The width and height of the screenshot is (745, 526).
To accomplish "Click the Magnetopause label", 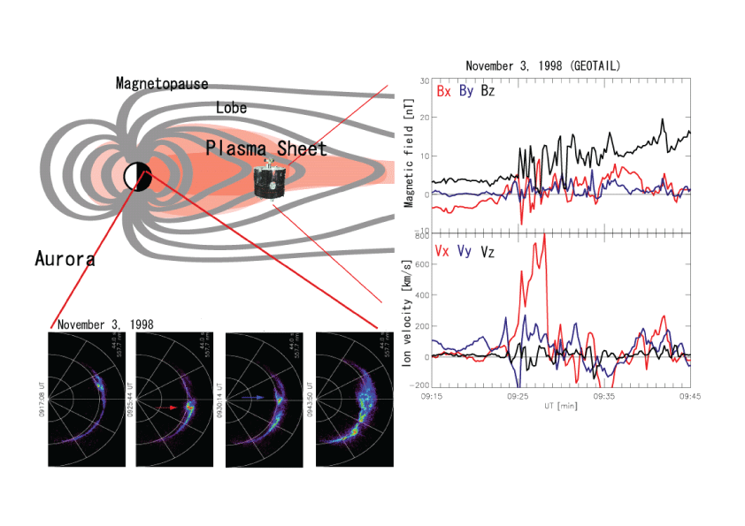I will click(x=162, y=84).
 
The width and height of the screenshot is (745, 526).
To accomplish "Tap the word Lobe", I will click(x=231, y=108).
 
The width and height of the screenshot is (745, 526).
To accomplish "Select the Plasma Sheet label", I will click(x=266, y=148).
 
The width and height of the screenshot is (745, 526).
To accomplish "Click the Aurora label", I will click(x=65, y=259).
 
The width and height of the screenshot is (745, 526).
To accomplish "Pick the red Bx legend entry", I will click(x=443, y=91).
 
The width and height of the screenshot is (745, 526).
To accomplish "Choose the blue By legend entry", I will click(x=465, y=91).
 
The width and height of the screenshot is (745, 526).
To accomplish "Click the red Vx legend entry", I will click(x=443, y=252).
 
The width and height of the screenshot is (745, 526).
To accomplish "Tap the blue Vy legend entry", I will click(x=465, y=252).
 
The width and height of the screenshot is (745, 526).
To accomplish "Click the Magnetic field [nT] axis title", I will click(x=409, y=156).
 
